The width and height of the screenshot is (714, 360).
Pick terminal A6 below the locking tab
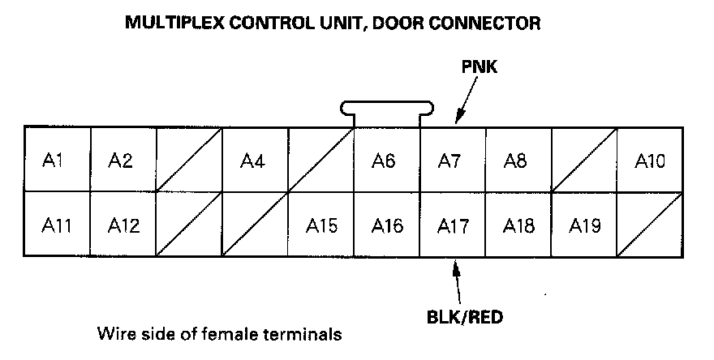[386, 159]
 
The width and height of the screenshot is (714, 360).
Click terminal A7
[452, 159]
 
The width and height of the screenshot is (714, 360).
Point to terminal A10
[649, 159]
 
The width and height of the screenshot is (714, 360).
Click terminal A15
[320, 225]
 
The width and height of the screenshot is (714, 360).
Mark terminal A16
[386, 225]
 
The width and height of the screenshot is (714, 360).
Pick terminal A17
[452, 225]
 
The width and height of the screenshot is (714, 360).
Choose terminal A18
[518, 225]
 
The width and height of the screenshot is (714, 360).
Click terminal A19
[583, 225]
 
